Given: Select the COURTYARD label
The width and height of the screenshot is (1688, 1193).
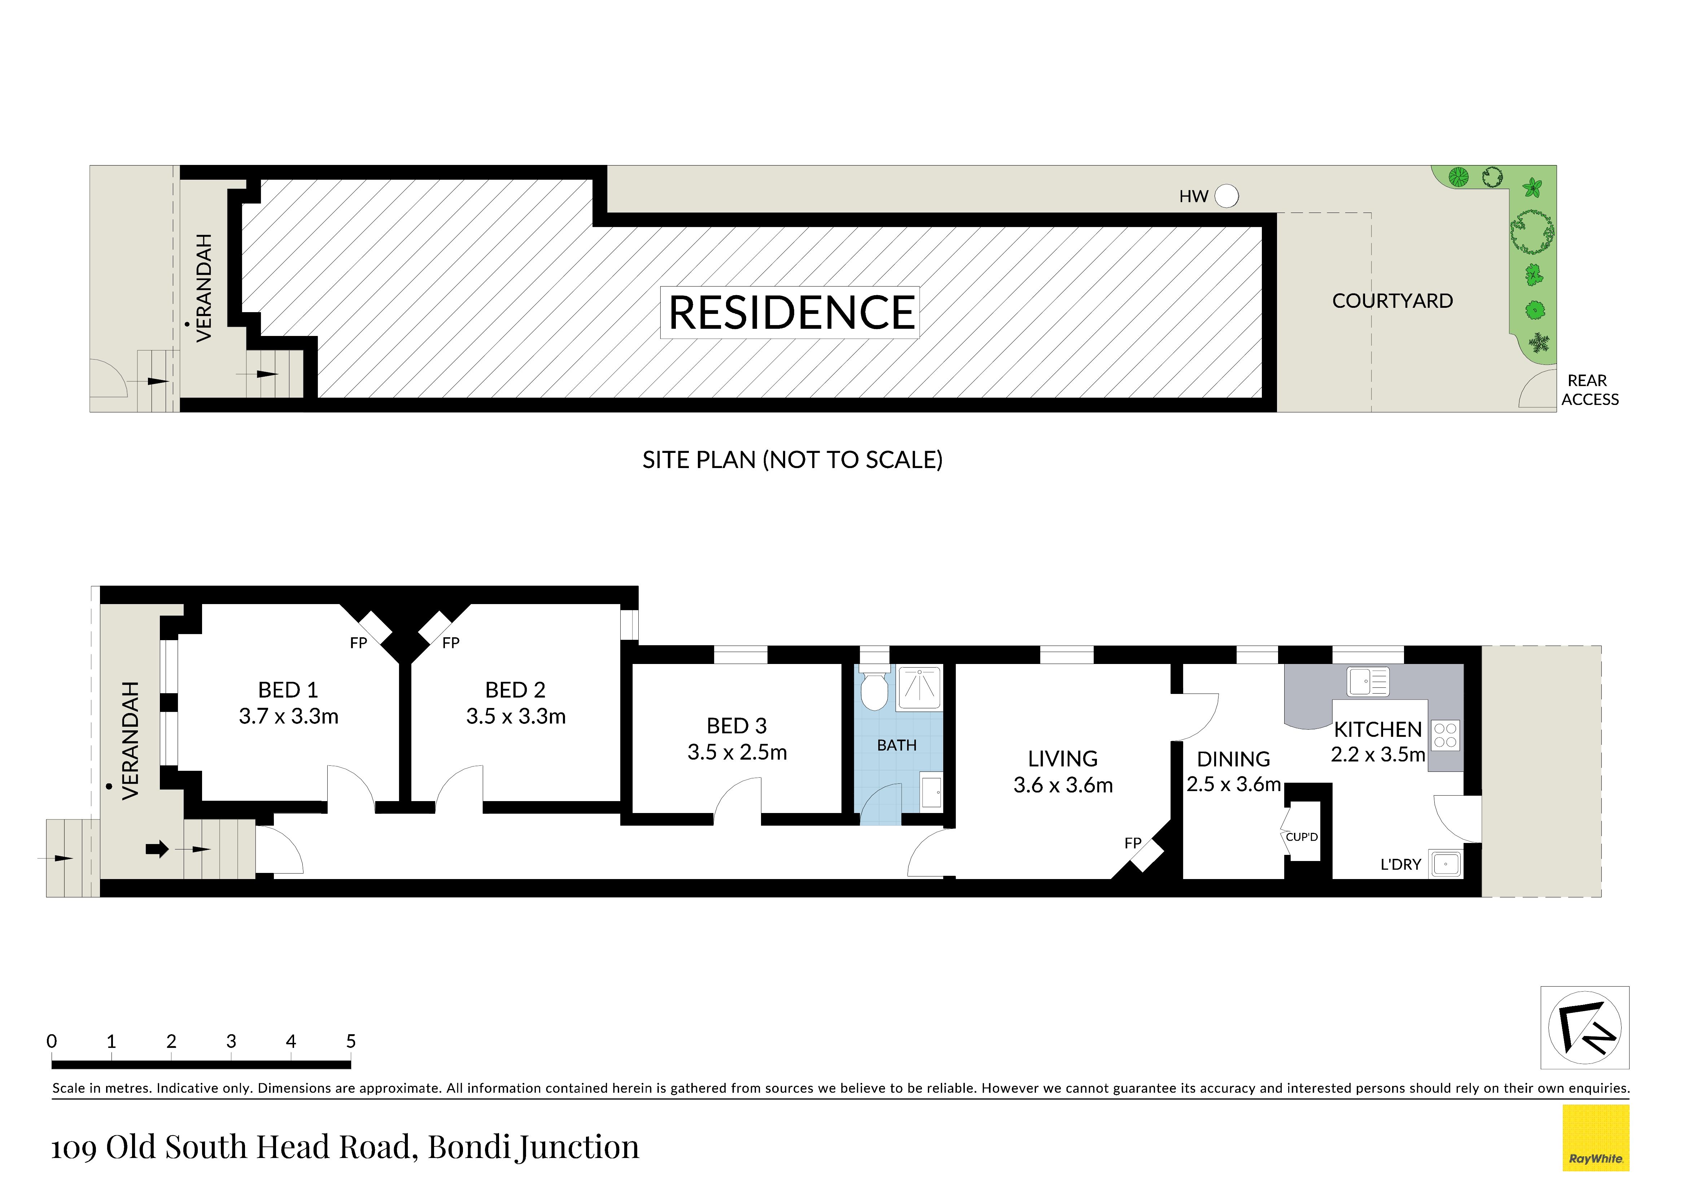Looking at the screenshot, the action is [x=1392, y=301].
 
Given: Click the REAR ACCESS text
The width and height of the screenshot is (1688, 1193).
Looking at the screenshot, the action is [x=1589, y=390].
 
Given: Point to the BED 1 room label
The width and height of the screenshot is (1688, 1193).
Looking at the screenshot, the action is [x=288, y=690].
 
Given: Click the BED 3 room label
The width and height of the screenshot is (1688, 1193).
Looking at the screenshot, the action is [x=737, y=725].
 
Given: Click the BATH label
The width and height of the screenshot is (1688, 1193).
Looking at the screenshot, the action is [x=897, y=745].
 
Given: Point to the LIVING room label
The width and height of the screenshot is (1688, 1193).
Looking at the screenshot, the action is [x=1063, y=759].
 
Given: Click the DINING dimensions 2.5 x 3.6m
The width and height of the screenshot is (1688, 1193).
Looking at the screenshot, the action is [x=1234, y=784].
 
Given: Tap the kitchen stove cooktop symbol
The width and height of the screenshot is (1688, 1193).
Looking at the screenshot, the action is [x=1446, y=735].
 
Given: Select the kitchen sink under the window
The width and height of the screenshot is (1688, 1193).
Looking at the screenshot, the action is [x=1368, y=681].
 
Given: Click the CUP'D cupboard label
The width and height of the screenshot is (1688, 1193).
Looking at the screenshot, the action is [x=1302, y=836].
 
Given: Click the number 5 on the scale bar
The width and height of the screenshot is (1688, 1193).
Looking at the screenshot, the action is [x=351, y=1041].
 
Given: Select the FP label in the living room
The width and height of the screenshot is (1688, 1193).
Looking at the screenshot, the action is [x=1133, y=843].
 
